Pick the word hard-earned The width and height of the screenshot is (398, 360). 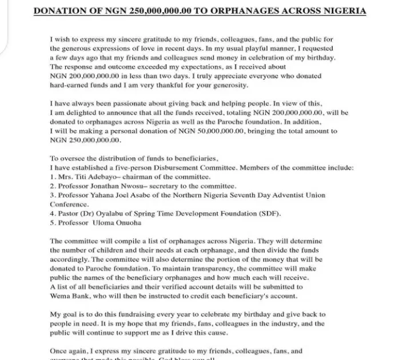click(x=70, y=85)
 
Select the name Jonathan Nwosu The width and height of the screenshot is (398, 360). click(x=120, y=186)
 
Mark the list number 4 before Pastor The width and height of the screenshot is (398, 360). click(x=52, y=214)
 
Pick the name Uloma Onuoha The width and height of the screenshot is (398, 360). click(x=121, y=223)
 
